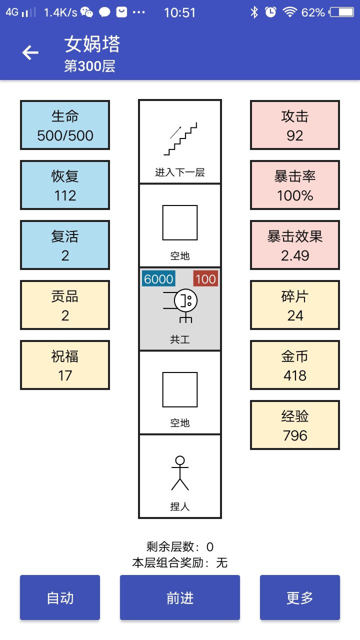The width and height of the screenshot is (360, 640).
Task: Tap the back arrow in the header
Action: point(30,52)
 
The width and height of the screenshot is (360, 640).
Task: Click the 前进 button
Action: point(180,597)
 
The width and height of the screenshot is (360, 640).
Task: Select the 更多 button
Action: point(300,597)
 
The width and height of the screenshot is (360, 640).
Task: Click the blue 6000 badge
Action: point(158,279)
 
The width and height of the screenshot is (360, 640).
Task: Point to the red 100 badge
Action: point(205,279)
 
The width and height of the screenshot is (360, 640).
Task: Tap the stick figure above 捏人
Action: point(180,473)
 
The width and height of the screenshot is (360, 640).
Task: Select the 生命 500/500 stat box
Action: point(65,125)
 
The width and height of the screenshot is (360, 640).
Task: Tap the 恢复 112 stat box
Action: point(65,185)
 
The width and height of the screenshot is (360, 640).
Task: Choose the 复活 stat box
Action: point(65,245)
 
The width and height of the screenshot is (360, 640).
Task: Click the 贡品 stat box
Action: point(65,305)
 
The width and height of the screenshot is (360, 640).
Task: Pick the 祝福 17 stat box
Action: point(65,365)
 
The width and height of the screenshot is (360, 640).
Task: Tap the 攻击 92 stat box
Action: point(295,125)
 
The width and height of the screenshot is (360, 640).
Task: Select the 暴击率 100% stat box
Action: point(295,185)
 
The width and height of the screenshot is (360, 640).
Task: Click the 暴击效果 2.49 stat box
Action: point(295,245)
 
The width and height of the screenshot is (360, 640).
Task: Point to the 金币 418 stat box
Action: point(295,365)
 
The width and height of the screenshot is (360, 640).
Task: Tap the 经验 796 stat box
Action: point(295,425)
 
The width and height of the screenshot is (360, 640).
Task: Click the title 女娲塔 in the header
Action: point(92,45)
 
